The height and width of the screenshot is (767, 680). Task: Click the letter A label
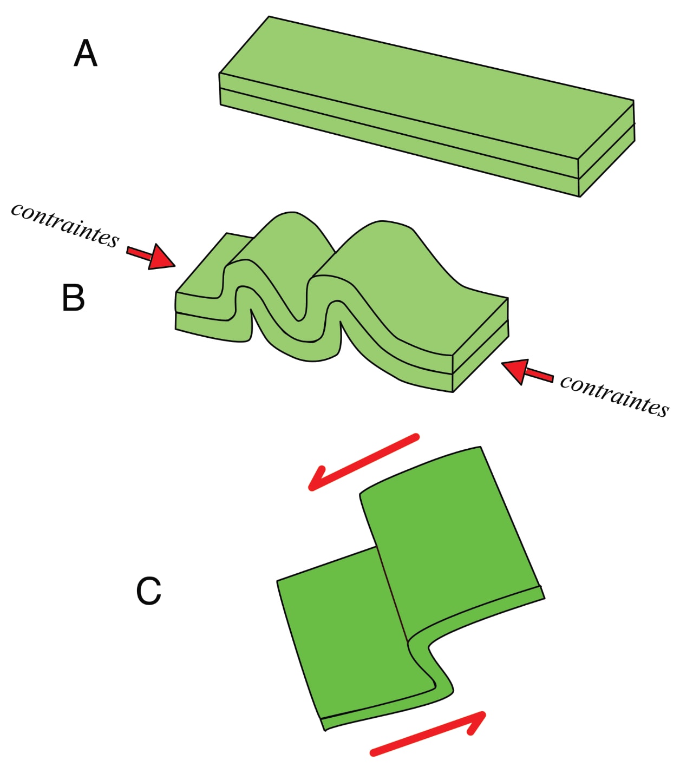[85, 54]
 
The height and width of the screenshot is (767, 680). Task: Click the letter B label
[73, 298]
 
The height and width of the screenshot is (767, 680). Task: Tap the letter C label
[148, 591]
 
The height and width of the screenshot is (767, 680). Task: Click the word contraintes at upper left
[65, 225]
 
